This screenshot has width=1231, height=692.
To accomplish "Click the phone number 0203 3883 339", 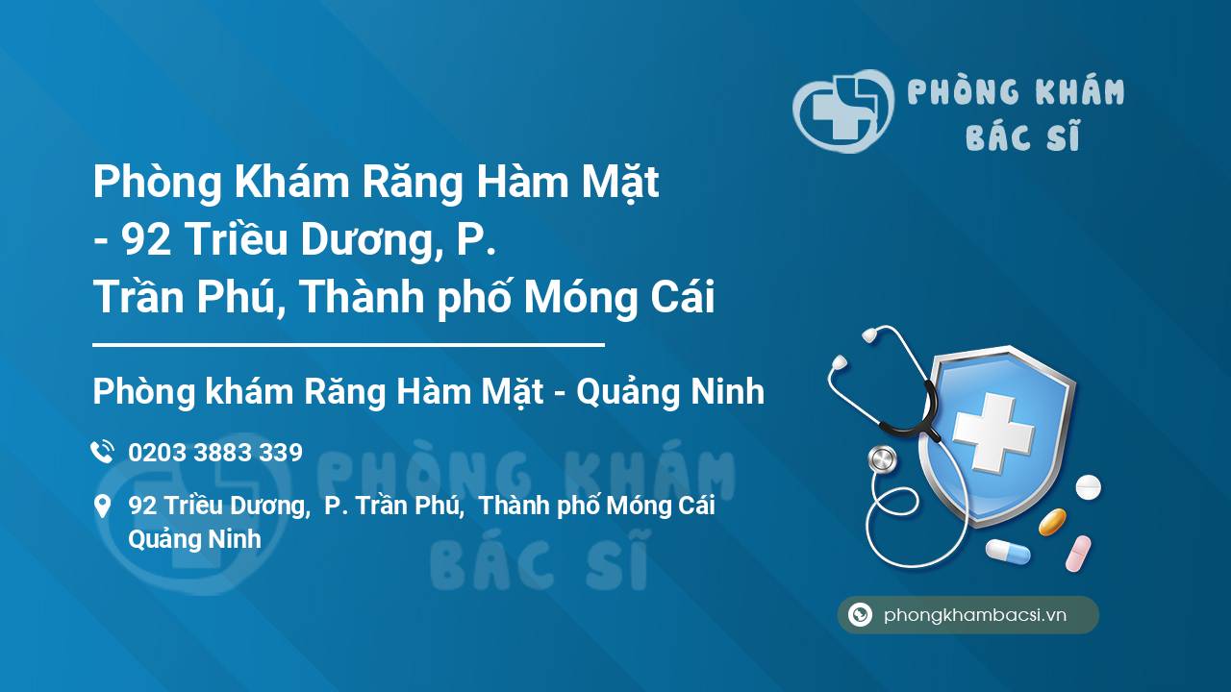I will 215,453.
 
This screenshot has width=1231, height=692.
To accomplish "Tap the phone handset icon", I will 102,452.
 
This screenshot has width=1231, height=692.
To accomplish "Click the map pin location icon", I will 102,507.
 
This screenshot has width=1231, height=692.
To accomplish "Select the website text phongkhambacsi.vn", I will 975,616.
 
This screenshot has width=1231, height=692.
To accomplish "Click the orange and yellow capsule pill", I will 1052,522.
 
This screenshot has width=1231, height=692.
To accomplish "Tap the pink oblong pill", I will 1078,554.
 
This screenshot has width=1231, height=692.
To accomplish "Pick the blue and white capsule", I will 1007,551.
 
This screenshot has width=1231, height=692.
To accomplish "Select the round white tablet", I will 1088,487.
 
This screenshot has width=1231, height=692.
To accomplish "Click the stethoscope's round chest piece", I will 881,459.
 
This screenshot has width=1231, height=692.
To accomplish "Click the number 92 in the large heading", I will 147,240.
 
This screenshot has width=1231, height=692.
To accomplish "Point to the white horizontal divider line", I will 348,344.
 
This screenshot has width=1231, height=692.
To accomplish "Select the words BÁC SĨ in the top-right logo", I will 1022,136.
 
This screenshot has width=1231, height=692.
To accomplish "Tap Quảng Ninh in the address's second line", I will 194,539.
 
